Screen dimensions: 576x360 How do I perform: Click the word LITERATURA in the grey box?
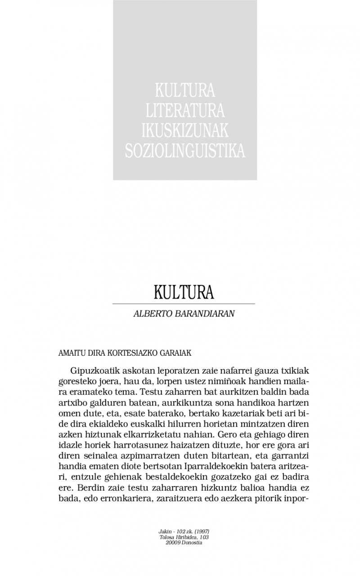point(185,110)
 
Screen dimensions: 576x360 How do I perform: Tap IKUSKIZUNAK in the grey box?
point(185,130)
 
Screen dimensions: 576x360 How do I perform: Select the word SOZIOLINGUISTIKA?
point(185,151)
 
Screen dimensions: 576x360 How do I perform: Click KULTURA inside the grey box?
point(185,90)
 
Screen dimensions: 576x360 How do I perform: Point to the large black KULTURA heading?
point(184,292)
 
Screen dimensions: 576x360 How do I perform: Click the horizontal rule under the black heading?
point(184,304)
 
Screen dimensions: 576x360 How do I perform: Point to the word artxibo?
point(72,403)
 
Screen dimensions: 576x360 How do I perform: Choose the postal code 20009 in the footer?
point(173,543)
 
